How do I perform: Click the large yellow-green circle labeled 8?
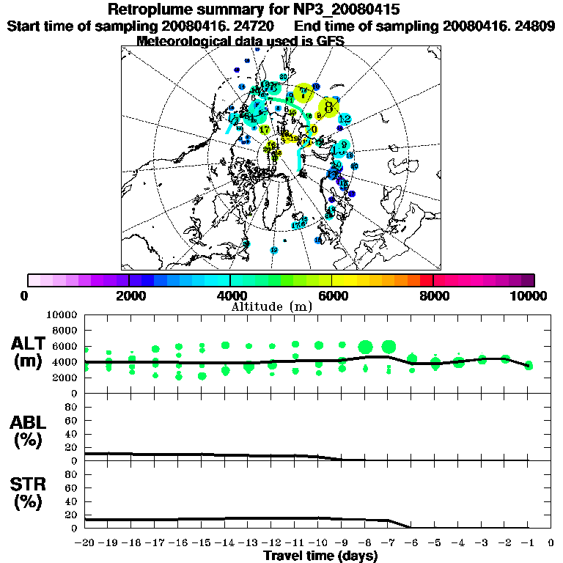coord(328,106)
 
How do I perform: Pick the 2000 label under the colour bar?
coord(129,295)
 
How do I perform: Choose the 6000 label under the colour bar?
coord(332,295)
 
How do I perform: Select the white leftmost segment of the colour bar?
coord(34,280)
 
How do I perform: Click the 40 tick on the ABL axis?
coord(72,433)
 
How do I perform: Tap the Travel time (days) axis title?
coord(320,556)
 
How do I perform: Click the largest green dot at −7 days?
coord(389,347)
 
